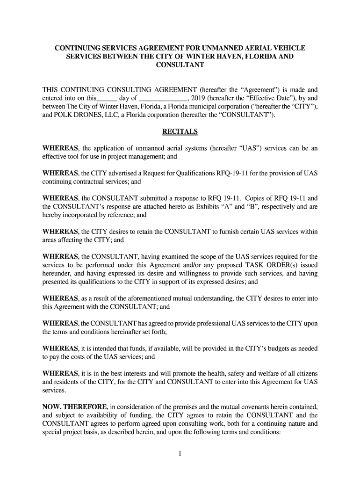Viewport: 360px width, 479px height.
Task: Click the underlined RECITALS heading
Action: point(180,132)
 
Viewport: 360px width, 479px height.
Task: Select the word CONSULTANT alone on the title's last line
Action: point(180,65)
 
